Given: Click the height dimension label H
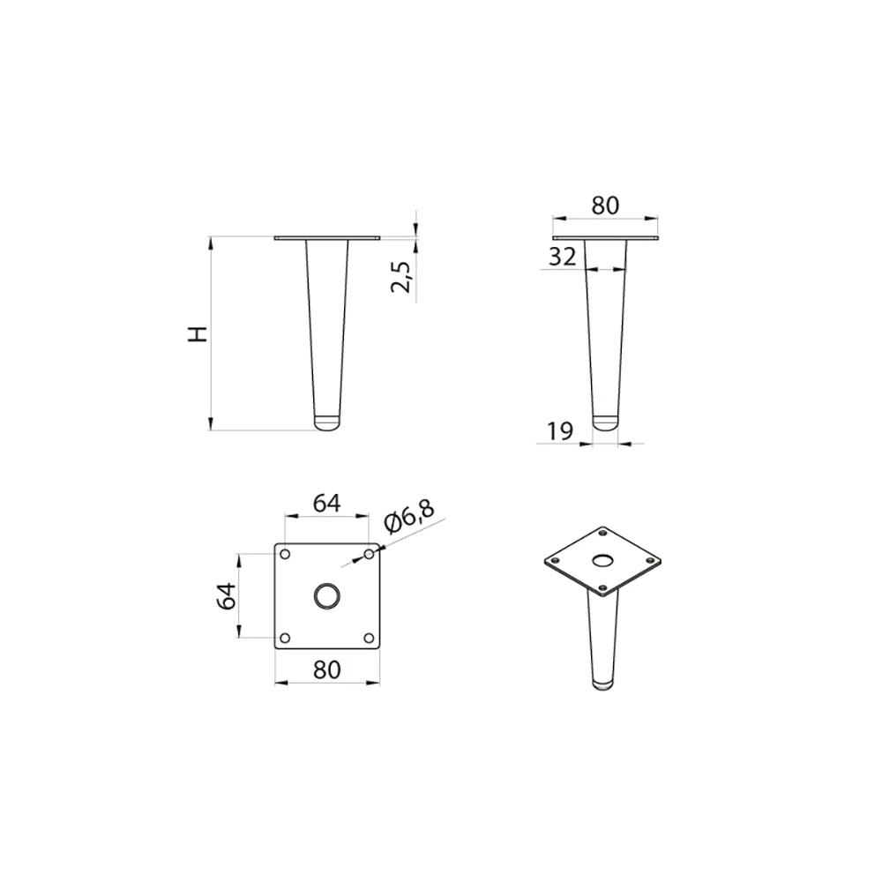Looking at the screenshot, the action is tap(198, 333).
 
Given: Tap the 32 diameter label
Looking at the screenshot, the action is tap(563, 257).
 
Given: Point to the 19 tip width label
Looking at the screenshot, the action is tap(560, 431).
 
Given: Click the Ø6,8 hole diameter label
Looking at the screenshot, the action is tap(409, 516).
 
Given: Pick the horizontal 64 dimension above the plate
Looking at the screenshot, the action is tap(327, 503).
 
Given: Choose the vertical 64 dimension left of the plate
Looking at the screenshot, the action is tap(227, 596).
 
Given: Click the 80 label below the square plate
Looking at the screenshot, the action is tap(327, 669).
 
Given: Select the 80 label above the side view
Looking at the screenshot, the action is tap(605, 206).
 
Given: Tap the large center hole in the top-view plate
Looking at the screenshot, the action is tap(327, 595).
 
